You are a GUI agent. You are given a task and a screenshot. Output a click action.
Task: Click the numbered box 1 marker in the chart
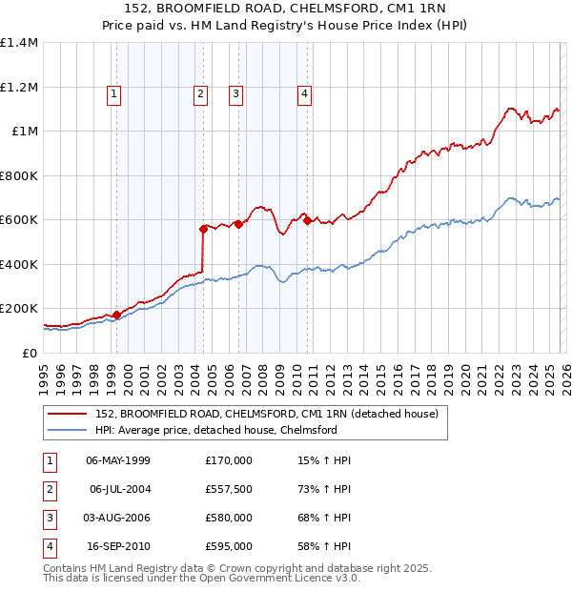[113, 93]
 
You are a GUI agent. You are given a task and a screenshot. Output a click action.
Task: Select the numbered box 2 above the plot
[201, 93]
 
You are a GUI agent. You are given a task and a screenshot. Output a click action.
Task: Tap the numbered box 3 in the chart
[235, 93]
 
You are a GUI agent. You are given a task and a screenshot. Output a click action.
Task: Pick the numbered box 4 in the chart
[304, 93]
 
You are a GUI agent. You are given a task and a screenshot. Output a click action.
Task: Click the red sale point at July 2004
[203, 229]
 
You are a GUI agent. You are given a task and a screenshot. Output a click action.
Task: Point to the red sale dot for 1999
[116, 315]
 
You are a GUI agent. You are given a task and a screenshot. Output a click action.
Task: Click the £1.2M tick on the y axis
[19, 87]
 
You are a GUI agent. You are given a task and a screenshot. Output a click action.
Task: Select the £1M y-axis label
[25, 132]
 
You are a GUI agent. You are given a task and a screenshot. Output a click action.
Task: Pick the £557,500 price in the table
[228, 489]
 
